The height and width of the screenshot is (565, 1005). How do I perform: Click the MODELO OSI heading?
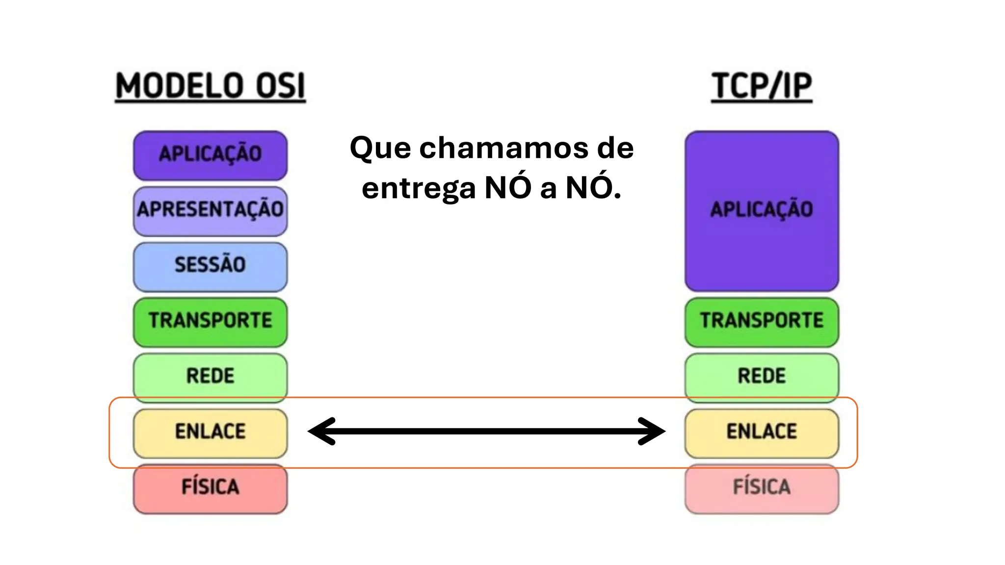coord(210,86)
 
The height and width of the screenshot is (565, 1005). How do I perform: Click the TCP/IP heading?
coord(762,86)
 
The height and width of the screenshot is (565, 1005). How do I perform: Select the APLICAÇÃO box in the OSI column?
coord(210,155)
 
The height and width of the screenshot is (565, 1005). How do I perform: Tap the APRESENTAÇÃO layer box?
coord(210,210)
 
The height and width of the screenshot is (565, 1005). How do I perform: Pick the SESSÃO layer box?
coord(210,266)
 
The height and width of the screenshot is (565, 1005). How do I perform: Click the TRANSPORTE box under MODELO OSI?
coord(210,322)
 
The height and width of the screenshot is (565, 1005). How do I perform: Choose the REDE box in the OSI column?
coord(210,377)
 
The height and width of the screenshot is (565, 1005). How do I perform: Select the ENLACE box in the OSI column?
coord(210,433)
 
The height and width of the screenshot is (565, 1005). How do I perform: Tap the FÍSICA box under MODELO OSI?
coord(210,488)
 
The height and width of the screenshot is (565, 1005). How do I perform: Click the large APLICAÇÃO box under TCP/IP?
coord(762,211)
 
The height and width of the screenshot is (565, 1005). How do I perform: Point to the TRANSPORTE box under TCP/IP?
coord(762,322)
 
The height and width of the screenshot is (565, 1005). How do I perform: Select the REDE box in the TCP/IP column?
coord(762,377)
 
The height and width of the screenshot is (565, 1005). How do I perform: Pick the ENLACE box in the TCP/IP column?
coord(762,433)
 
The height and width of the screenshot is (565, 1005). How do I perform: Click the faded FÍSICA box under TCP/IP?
coord(762,488)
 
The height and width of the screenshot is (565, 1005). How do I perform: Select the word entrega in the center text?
coord(419,188)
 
